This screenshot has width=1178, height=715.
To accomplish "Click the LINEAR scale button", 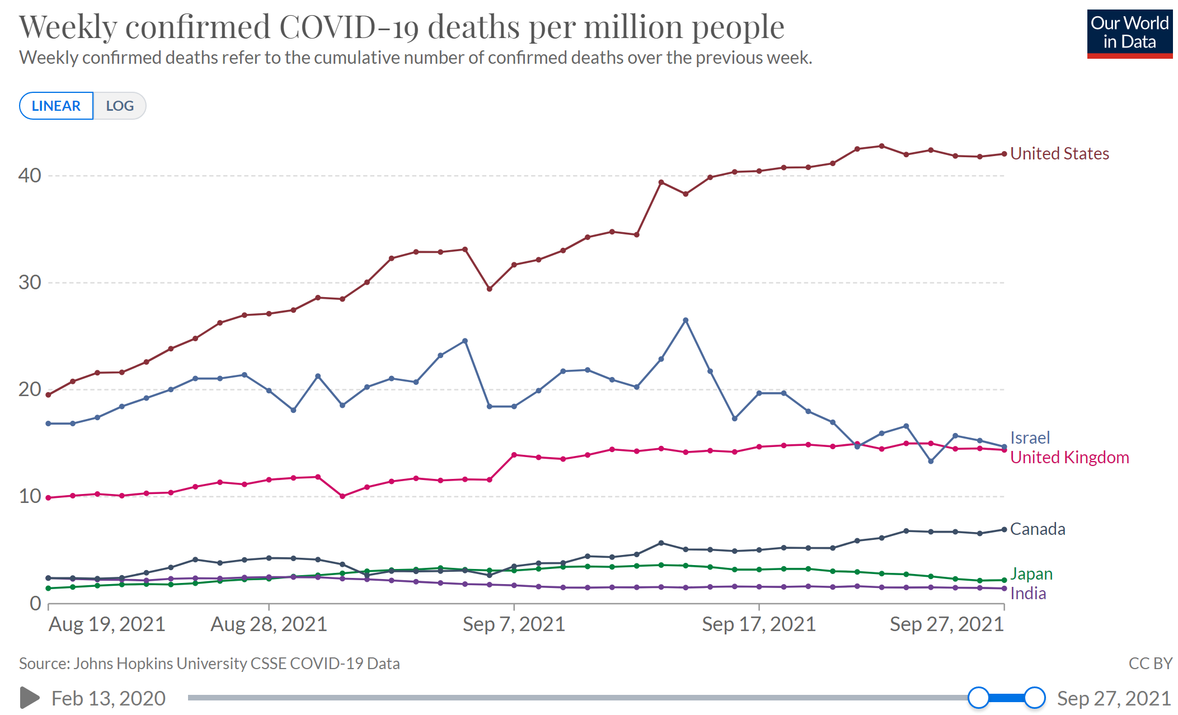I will pyautogui.click(x=56, y=106).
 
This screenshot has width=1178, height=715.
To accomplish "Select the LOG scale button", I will pyautogui.click(x=120, y=106).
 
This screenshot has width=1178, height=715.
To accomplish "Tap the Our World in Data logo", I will pyautogui.click(x=1129, y=34).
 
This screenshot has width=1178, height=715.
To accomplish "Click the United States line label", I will pyautogui.click(x=1059, y=153).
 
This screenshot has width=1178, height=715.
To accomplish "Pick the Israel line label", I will pyautogui.click(x=1030, y=438).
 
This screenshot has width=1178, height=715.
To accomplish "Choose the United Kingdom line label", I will pyautogui.click(x=1069, y=457).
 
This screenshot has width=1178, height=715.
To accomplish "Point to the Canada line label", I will pyautogui.click(x=1038, y=529).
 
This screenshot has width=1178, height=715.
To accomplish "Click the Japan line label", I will pyautogui.click(x=1031, y=573).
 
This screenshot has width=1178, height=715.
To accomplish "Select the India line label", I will pyautogui.click(x=1028, y=593).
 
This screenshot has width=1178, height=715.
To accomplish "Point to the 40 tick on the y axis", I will pyautogui.click(x=30, y=175).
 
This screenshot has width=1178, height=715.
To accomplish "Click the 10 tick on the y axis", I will pyautogui.click(x=30, y=496).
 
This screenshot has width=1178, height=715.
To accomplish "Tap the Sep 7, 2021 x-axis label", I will pyautogui.click(x=514, y=624).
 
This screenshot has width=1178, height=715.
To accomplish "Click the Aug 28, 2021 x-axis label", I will pyautogui.click(x=269, y=624).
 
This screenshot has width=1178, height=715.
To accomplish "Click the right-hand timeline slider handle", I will pyautogui.click(x=1035, y=698).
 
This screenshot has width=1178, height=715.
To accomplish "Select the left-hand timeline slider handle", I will pyautogui.click(x=978, y=698).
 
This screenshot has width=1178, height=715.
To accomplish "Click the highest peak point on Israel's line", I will pyautogui.click(x=686, y=320).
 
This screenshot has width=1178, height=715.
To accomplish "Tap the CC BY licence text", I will pyautogui.click(x=1150, y=664).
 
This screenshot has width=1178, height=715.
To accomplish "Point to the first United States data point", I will pyautogui.click(x=48, y=395).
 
